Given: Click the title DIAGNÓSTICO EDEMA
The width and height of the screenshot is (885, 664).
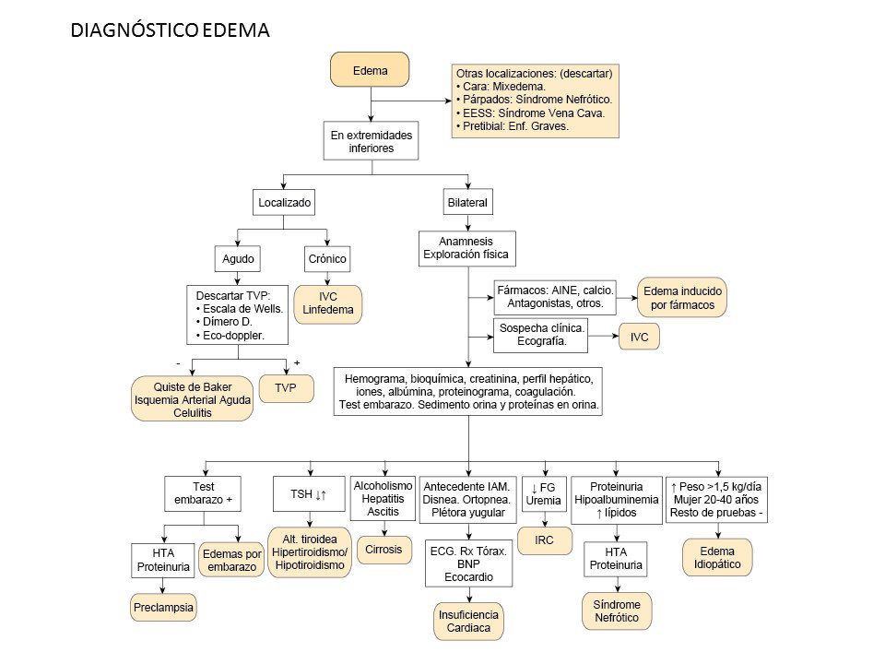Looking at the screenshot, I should (x=170, y=30).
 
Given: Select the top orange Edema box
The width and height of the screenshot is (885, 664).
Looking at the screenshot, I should (x=370, y=71).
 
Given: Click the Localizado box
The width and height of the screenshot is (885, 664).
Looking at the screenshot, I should (x=285, y=201).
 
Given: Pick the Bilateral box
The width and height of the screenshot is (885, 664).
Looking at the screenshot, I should (x=467, y=201).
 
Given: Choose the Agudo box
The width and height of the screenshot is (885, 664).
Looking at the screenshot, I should (x=238, y=259).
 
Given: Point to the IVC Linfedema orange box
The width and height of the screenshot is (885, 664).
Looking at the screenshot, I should (x=328, y=304).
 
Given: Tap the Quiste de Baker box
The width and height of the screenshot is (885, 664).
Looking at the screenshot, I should (x=192, y=398).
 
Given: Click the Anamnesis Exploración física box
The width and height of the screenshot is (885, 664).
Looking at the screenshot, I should (x=466, y=246).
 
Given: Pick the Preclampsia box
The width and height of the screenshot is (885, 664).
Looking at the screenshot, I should (x=162, y=610).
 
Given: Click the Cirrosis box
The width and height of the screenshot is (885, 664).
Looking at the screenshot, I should (x=383, y=549).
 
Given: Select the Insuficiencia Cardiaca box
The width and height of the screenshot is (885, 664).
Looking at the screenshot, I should (x=469, y=622).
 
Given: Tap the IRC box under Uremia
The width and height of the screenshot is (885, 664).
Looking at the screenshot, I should (x=544, y=540).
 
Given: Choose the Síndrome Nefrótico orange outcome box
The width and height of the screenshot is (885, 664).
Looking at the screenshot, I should (x=617, y=611).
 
